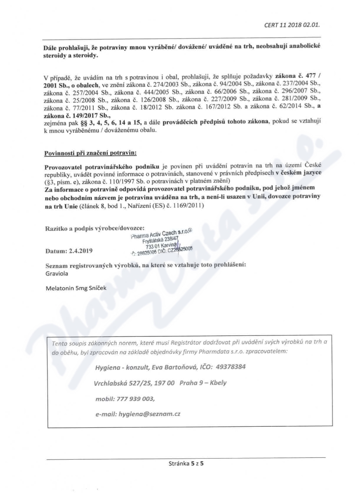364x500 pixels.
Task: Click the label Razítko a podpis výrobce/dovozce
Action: pyautogui.click(x=95, y=228)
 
